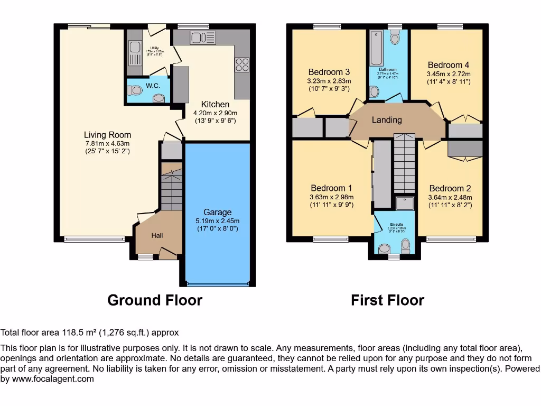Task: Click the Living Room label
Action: (107, 135)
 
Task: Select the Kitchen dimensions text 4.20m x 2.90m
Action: (216, 113)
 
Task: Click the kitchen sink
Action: (203, 38)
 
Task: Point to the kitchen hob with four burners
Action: (242, 64)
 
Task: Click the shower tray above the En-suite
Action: (405, 203)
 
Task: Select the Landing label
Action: (387, 120)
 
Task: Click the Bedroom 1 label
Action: (331, 188)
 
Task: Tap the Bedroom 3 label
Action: (329, 72)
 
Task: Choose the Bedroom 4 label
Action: (449, 66)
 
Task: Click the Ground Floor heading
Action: (155, 300)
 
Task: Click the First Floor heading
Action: (387, 300)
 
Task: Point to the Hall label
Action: (157, 235)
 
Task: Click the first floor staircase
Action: (405, 164)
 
